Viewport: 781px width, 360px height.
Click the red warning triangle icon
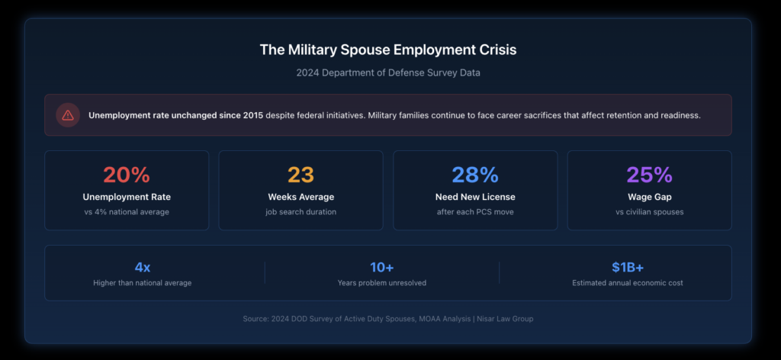[x=68, y=115]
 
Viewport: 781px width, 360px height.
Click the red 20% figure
[x=127, y=175]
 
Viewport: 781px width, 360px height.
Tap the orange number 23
[x=301, y=175]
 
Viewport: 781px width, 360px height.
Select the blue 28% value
[x=475, y=175]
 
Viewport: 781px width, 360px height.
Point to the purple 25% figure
[x=649, y=175]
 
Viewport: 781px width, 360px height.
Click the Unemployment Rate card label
[x=127, y=197]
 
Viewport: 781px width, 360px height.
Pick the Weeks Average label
[x=301, y=197]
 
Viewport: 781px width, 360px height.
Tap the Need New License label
[x=475, y=197]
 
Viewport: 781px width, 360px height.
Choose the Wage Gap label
[x=649, y=197]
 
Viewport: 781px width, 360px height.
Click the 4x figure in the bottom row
[x=143, y=267]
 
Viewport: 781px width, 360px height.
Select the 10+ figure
[x=381, y=267]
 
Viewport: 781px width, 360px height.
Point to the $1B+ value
[x=628, y=267]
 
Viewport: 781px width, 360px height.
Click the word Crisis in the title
[x=492, y=50]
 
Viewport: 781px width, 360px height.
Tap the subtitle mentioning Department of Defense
[x=388, y=72]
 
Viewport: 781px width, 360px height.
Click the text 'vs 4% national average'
[x=127, y=211]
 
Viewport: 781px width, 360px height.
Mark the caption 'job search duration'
[x=301, y=211]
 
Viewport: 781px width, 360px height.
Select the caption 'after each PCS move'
[x=475, y=211]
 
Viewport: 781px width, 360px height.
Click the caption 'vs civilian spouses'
[x=649, y=211]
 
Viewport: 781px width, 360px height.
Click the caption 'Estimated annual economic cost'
[x=628, y=283]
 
